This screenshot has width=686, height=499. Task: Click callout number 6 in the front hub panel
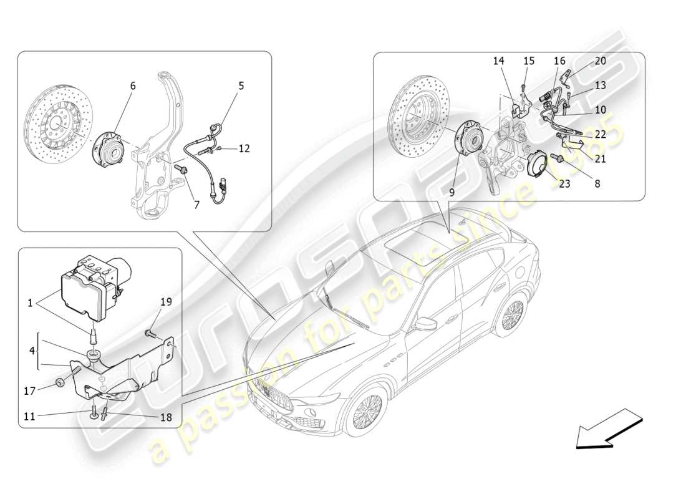click(x=133, y=86)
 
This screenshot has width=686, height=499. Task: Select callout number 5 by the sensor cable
click(x=241, y=86)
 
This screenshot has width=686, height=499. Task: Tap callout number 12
click(x=244, y=148)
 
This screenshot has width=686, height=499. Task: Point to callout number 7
click(x=196, y=204)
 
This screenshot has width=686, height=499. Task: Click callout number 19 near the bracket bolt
click(x=165, y=302)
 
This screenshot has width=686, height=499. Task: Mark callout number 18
click(x=165, y=418)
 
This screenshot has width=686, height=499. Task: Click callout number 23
click(x=564, y=184)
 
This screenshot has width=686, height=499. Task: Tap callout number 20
click(x=600, y=61)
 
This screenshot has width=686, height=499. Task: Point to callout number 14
click(x=498, y=61)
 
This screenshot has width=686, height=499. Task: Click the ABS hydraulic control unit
click(x=94, y=284)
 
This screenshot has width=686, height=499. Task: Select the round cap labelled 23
click(x=538, y=168)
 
